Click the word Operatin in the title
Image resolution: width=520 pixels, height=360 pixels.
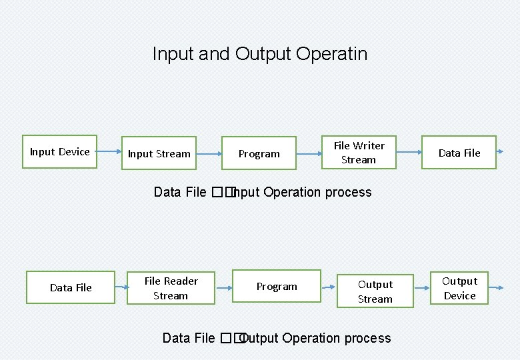(x=331, y=54)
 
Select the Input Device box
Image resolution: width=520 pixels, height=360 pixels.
(x=59, y=152)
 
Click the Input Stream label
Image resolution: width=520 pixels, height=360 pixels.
(x=159, y=154)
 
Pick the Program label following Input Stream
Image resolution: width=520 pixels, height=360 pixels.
(x=259, y=154)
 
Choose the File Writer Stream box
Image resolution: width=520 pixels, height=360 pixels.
(x=359, y=153)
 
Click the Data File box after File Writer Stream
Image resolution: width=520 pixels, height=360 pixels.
(x=459, y=153)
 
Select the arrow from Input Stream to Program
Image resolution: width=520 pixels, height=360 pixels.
(x=208, y=154)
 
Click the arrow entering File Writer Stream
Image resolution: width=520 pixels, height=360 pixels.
(x=308, y=154)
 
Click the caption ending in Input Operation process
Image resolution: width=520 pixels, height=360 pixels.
(x=263, y=193)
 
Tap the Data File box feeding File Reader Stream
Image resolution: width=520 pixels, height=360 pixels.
(x=71, y=287)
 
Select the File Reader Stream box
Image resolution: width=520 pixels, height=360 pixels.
(x=171, y=288)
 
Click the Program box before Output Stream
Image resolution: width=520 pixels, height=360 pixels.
(x=277, y=287)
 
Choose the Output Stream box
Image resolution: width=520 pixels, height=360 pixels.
(x=375, y=291)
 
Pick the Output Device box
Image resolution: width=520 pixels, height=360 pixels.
(x=459, y=288)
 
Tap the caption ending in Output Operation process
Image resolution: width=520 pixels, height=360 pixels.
(x=277, y=338)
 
